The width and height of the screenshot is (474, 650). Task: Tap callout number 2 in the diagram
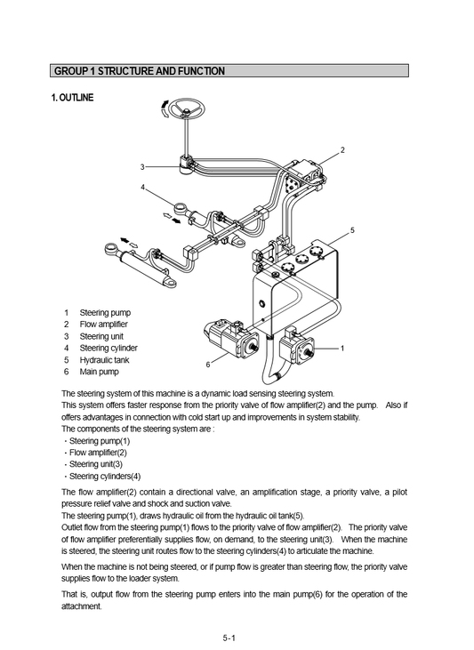pyautogui.click(x=342, y=150)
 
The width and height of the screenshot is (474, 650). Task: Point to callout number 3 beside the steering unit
pyautogui.click(x=142, y=167)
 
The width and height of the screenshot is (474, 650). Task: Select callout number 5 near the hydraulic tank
pyautogui.click(x=352, y=230)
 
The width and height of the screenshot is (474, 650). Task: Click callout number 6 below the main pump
pyautogui.click(x=208, y=365)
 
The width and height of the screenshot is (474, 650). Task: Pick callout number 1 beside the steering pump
pyautogui.click(x=342, y=349)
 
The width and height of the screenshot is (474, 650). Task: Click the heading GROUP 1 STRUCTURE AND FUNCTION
pyautogui.click(x=140, y=71)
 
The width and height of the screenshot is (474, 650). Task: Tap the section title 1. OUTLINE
pyautogui.click(x=72, y=98)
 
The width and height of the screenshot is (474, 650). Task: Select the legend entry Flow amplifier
pyautogui.click(x=104, y=325)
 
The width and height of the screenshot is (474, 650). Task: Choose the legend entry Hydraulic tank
pyautogui.click(x=105, y=360)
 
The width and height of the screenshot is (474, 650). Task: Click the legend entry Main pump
pyautogui.click(x=99, y=372)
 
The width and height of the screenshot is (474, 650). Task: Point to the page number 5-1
pyautogui.click(x=229, y=638)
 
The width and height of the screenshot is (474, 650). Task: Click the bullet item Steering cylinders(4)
pyautogui.click(x=105, y=476)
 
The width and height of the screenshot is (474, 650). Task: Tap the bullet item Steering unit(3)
pyautogui.click(x=96, y=464)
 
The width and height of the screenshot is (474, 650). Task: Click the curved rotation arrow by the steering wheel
pyautogui.click(x=165, y=108)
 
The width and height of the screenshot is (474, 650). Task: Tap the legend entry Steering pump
pyautogui.click(x=105, y=313)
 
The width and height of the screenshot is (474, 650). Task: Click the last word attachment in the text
pyautogui.click(x=81, y=606)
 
